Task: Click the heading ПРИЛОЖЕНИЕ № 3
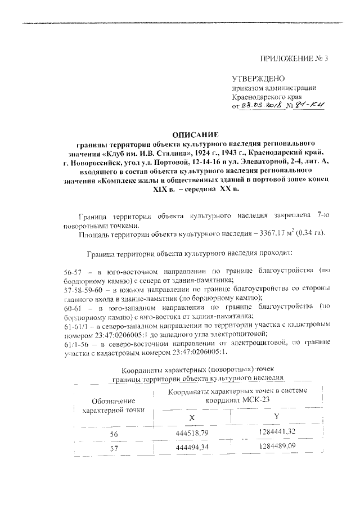pyautogui.click(x=292, y=58)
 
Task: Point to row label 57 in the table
pyautogui.click(x=114, y=449)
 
